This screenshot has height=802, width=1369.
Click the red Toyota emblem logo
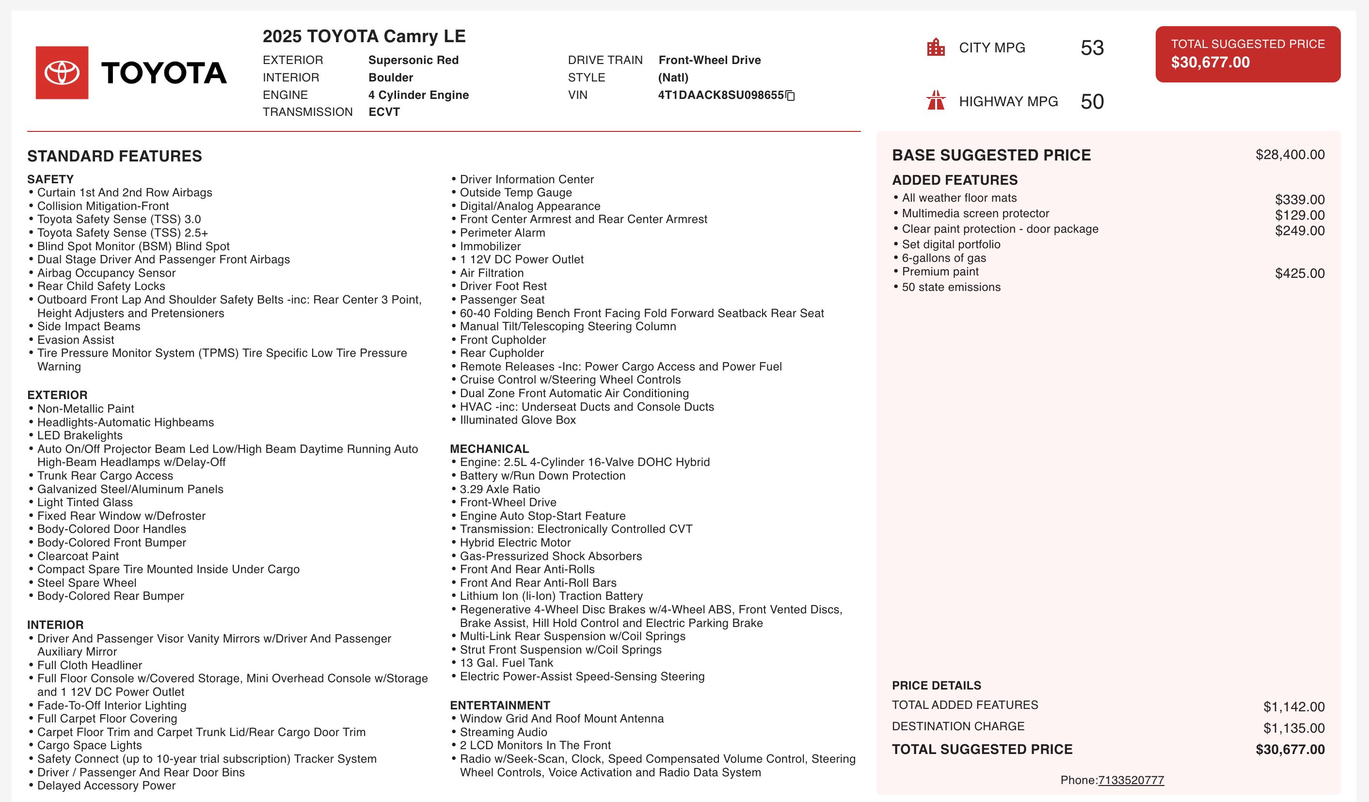coord(62,73)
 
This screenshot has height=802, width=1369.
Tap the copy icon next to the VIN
coord(791,96)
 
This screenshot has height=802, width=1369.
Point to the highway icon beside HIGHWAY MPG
coord(936,100)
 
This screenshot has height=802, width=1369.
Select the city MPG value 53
coord(1092,48)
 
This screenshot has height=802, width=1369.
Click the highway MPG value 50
coord(1092,102)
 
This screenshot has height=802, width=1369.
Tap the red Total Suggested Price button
coord(1247,54)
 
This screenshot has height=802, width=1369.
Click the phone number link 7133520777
coord(1130,780)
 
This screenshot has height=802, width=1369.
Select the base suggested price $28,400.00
coord(1289,155)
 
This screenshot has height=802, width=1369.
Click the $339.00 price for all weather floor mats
coord(1300,199)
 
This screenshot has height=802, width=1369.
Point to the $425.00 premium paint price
coord(1300,273)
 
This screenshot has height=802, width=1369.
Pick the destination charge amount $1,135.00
coord(1293,728)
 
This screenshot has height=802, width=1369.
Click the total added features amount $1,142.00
coord(1293,707)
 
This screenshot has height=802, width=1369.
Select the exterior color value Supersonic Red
coord(414,60)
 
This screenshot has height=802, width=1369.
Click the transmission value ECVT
coord(384,112)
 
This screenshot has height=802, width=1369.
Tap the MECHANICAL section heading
coord(489,449)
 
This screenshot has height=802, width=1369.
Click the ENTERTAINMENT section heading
coord(500,706)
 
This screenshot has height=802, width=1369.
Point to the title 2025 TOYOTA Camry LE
coord(364,36)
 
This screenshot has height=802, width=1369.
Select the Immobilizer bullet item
coord(490,246)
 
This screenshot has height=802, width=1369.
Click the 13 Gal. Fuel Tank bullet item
coord(506,663)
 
